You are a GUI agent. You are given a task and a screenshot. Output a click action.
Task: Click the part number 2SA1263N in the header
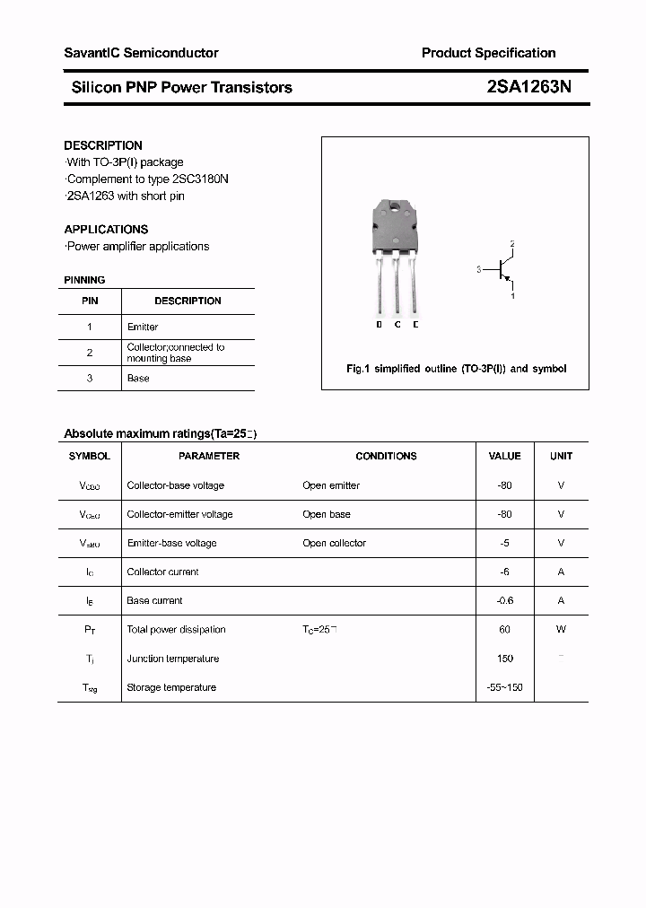pyautogui.click(x=535, y=87)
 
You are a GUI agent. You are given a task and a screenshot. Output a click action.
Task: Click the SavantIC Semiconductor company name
pyautogui.click(x=141, y=53)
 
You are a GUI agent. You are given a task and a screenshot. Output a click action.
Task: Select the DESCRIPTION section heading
pyautogui.click(x=103, y=145)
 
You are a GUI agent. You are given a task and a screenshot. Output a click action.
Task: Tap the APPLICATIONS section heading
pyautogui.click(x=106, y=230)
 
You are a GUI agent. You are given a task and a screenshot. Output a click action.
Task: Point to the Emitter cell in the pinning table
pyautogui.click(x=143, y=327)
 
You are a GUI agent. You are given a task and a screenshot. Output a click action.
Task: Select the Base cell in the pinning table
pyautogui.click(x=138, y=379)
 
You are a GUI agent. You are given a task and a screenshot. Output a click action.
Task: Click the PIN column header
pyautogui.click(x=90, y=301)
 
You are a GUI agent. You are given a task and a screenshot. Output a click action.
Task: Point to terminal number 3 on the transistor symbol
pyautogui.click(x=479, y=269)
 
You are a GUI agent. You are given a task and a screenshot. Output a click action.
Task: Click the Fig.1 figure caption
pyautogui.click(x=456, y=369)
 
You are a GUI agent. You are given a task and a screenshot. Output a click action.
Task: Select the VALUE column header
pyautogui.click(x=504, y=456)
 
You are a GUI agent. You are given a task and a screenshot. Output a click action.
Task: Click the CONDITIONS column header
pyautogui.click(x=386, y=456)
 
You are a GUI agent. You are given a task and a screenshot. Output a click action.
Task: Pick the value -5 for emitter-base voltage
pyautogui.click(x=504, y=543)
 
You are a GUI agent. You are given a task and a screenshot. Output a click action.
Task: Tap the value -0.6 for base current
pyautogui.click(x=504, y=601)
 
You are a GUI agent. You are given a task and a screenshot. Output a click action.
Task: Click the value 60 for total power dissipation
pyautogui.click(x=504, y=630)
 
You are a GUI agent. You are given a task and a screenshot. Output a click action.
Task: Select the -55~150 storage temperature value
pyautogui.click(x=504, y=687)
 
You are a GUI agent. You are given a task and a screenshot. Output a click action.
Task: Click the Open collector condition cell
pyautogui.click(x=334, y=543)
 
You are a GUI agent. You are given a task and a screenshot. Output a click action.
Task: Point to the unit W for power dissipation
pyautogui.click(x=561, y=630)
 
